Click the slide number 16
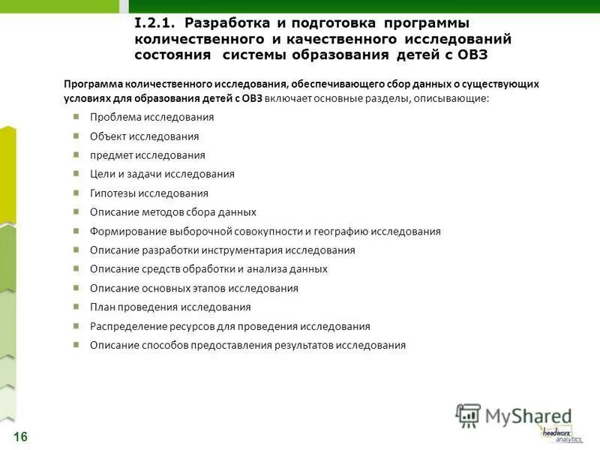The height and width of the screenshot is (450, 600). tap(20, 436)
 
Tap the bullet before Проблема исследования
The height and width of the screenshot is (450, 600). tap(77, 116)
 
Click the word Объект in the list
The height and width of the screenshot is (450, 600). tap(107, 136)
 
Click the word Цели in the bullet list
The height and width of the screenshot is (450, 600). tap(102, 174)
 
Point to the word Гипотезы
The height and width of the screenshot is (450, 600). tap(115, 193)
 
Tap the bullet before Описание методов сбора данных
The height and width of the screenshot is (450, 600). tap(77, 211)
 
